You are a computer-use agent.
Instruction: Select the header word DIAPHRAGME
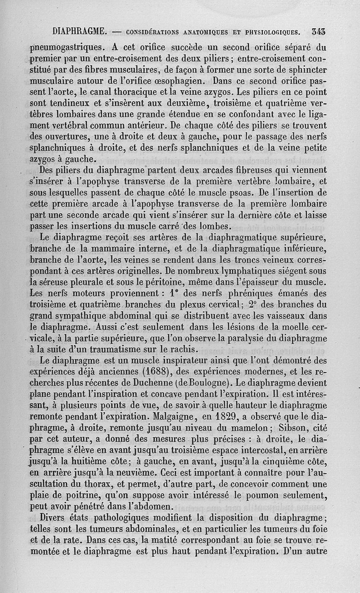click(79, 32)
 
